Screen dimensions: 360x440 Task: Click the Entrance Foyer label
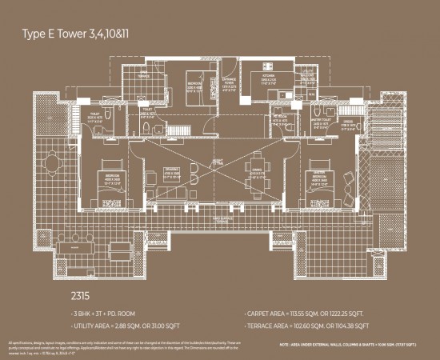click(228, 82)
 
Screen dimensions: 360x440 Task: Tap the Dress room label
click(347, 122)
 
